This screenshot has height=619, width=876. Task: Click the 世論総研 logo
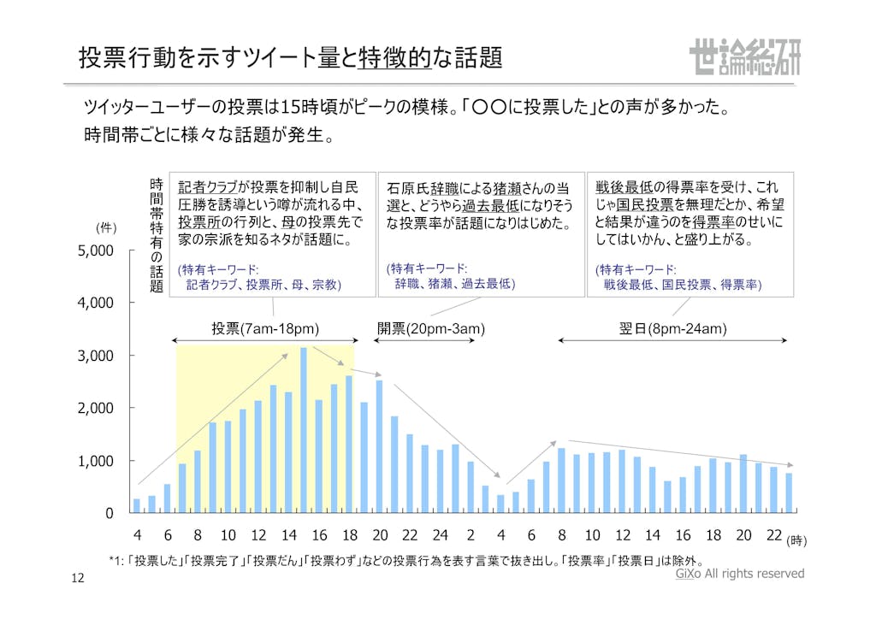pos(743,57)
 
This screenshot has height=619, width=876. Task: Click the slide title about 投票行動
pos(290,57)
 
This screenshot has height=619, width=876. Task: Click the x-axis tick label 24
pos(440,535)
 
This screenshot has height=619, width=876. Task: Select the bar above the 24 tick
pos(440,481)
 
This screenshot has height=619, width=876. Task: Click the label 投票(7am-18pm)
pos(265,328)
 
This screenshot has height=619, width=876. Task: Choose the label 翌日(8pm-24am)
pos(672,328)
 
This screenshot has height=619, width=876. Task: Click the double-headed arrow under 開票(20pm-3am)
pos(426,340)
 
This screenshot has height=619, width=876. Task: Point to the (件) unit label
pos(106,228)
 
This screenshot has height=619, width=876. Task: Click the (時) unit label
pos(796,540)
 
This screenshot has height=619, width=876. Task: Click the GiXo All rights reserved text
pos(739,574)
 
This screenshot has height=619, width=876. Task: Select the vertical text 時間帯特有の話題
pos(157,235)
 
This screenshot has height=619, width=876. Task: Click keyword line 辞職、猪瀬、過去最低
pos(455,283)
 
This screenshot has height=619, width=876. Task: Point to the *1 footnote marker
pos(117,562)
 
